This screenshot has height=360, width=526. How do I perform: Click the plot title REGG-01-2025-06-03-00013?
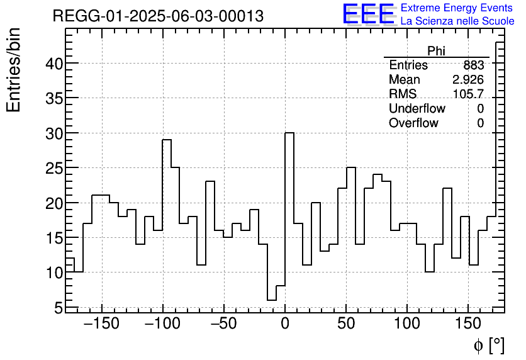coord(158,16)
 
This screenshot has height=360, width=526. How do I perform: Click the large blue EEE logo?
coord(368,14)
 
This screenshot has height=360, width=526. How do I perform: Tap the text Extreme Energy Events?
coord(457,8)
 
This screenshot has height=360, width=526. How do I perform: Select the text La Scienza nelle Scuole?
coord(457,21)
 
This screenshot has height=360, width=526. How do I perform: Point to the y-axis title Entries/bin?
coord(14,70)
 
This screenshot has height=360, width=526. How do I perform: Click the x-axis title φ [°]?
coord(488,345)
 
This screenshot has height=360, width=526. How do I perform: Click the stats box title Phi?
coord(436,51)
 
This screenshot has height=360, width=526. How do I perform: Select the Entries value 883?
coord(473,65)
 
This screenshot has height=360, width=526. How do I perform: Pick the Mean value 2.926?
coord(467,80)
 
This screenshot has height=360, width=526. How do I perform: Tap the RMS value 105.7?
coord(468,94)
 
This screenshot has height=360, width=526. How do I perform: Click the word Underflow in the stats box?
coord(417,109)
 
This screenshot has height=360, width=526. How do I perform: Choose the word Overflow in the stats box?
coord(413,123)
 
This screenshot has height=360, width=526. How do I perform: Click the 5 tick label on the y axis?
coord(58,308)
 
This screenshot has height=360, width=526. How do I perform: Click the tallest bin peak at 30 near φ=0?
coord(289,133)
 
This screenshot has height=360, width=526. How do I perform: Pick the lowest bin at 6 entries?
coord(272,300)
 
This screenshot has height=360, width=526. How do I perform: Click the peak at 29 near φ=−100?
coord(167,140)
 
